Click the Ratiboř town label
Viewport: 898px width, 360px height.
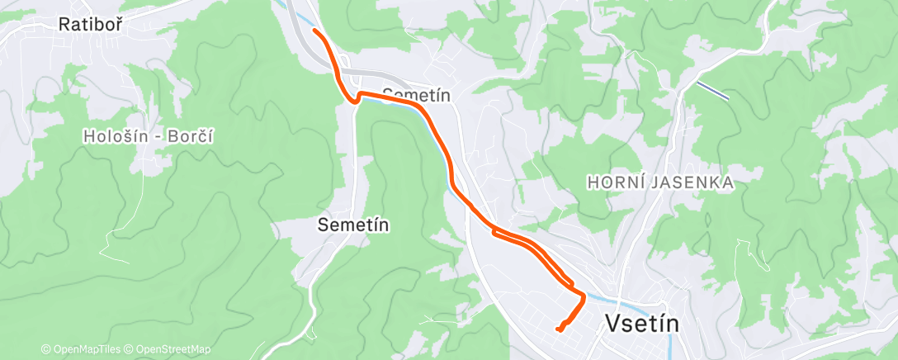click(x=91, y=25)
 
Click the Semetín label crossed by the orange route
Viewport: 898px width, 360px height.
click(x=417, y=95)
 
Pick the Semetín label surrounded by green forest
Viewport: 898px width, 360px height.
click(x=354, y=224)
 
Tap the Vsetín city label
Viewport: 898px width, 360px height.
click(x=643, y=324)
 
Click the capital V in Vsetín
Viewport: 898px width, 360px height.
click(x=613, y=324)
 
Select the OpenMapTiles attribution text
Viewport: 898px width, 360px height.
click(x=86, y=349)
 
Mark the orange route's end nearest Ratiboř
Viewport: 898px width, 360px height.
click(x=314, y=31)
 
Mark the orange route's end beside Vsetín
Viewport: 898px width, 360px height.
click(x=559, y=330)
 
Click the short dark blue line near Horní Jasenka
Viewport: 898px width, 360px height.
click(x=712, y=90)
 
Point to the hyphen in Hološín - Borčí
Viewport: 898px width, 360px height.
click(x=156, y=137)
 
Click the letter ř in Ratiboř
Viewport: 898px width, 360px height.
click(x=118, y=25)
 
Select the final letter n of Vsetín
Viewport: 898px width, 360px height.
click(x=673, y=324)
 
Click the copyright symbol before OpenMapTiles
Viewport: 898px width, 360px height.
click(x=46, y=349)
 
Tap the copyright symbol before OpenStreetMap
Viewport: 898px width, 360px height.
click(x=131, y=349)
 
